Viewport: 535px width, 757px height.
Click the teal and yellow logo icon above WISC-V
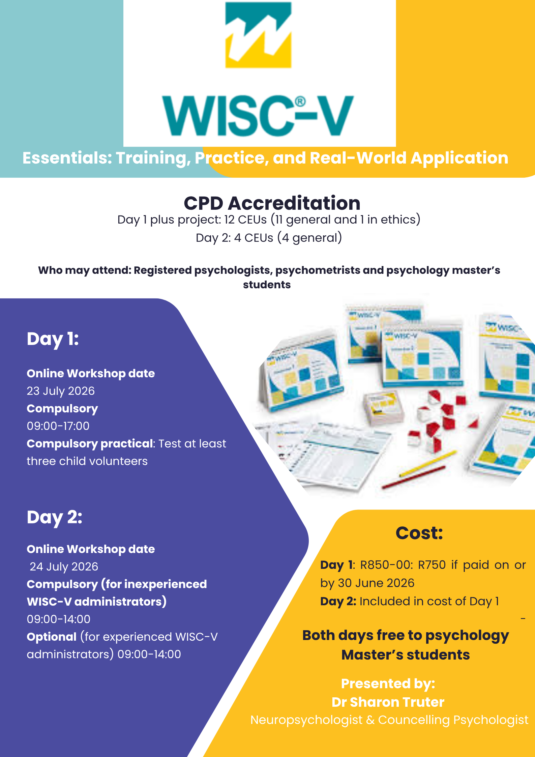258,35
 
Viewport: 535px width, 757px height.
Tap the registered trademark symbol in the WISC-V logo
300,101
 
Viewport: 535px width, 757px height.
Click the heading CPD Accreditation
272,203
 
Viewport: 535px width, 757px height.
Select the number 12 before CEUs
229,220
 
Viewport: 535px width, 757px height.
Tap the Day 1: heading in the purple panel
53,339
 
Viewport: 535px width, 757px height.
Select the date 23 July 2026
61,391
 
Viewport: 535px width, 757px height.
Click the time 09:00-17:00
58,426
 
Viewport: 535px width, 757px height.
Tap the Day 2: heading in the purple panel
55,518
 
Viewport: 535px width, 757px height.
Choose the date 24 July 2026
64,567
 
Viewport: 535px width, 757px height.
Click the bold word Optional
52,637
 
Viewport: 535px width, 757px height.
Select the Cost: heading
419,533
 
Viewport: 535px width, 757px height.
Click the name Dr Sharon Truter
388,702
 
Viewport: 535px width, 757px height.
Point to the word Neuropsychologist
306,720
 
